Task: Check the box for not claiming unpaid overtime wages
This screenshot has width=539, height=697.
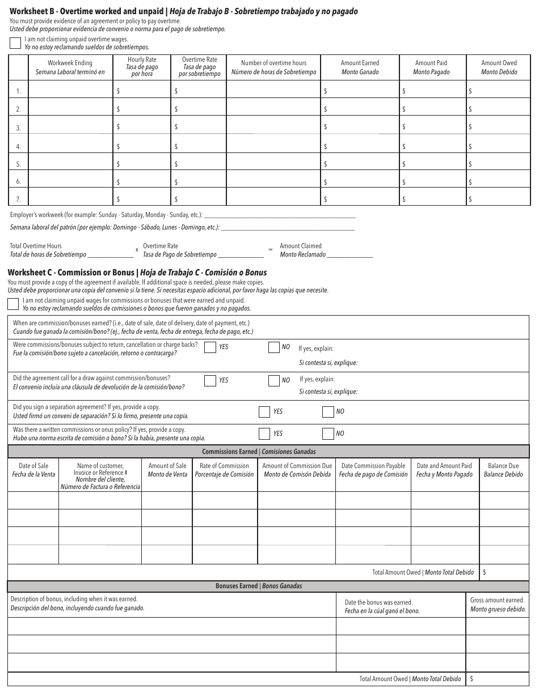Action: point(16,44)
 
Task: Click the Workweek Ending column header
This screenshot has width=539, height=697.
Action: point(70,67)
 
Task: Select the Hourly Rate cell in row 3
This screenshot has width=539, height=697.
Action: point(142,127)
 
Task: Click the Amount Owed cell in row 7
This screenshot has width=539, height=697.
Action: point(498,199)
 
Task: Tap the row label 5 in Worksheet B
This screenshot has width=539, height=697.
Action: point(18,164)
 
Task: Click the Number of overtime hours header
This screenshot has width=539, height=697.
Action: point(273,67)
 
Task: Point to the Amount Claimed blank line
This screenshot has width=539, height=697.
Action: point(350,256)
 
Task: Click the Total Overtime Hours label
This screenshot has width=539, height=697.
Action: point(36,246)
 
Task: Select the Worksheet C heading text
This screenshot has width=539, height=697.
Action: point(137,273)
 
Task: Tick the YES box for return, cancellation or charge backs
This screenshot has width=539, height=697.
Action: point(210,347)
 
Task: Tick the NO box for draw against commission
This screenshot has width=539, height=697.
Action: point(274,381)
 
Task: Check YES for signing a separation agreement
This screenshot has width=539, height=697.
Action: point(264,412)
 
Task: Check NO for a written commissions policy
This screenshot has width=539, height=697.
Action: point(328,434)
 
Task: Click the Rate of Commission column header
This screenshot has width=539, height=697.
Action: point(224,470)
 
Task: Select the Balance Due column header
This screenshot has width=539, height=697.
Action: point(503,470)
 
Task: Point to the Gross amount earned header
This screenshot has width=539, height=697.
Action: point(498,604)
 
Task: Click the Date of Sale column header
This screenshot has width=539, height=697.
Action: point(33,470)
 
